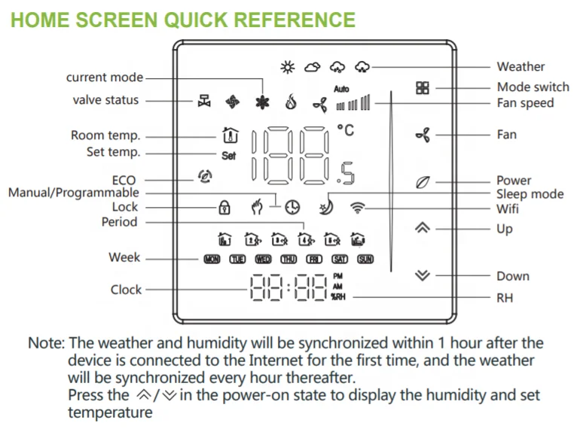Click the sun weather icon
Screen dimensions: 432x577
pyautogui.click(x=287, y=68)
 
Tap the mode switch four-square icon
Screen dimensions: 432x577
pyautogui.click(x=423, y=87)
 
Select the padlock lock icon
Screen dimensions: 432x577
pyautogui.click(x=224, y=206)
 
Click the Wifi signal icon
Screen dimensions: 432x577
pyautogui.click(x=356, y=206)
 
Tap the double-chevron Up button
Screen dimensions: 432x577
pyautogui.click(x=423, y=228)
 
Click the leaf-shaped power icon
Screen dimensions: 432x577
pyautogui.click(x=423, y=181)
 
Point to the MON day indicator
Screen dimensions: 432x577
pyautogui.click(x=212, y=260)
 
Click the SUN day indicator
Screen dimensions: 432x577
pyautogui.click(x=365, y=260)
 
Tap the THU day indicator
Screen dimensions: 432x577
pyautogui.click(x=288, y=260)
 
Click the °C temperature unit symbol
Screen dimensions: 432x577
pyautogui.click(x=345, y=131)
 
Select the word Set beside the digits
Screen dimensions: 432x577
pyautogui.click(x=228, y=156)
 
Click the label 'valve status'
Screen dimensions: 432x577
pyautogui.click(x=105, y=100)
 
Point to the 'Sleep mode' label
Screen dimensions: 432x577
pyautogui.click(x=530, y=194)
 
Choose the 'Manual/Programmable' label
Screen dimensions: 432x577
pyautogui.click(x=73, y=193)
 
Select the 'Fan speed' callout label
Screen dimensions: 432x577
pyautogui.click(x=525, y=103)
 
